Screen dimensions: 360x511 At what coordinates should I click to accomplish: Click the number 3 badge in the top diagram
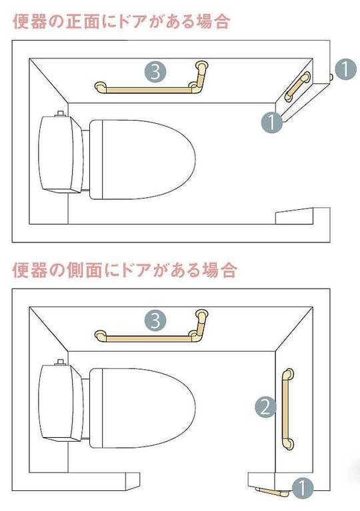(x=155, y=72)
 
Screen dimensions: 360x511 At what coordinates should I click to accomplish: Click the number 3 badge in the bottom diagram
(x=155, y=320)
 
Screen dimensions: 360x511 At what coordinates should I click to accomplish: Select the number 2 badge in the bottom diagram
(x=265, y=406)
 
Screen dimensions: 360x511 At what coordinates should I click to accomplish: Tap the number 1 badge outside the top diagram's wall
(x=345, y=69)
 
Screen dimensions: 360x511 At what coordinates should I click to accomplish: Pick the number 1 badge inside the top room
(x=272, y=122)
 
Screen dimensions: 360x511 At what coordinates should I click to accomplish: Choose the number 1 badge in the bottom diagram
(x=303, y=488)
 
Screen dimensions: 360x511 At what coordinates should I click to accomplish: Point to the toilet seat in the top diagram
(x=143, y=159)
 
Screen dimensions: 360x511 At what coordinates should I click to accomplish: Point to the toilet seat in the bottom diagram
(x=143, y=408)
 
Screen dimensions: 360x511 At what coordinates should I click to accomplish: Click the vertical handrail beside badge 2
(x=287, y=409)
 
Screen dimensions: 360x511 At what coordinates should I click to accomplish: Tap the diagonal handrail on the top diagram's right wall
(x=297, y=87)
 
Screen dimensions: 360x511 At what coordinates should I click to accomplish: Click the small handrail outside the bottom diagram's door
(x=271, y=492)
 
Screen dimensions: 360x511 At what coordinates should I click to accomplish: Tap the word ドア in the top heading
(x=135, y=22)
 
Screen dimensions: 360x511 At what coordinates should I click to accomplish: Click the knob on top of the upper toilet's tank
(x=60, y=114)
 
